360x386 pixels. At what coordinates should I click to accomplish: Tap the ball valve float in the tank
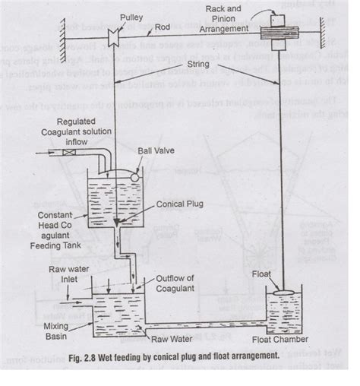tap(135, 176)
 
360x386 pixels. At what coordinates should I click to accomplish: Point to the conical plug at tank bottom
tap(115, 222)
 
